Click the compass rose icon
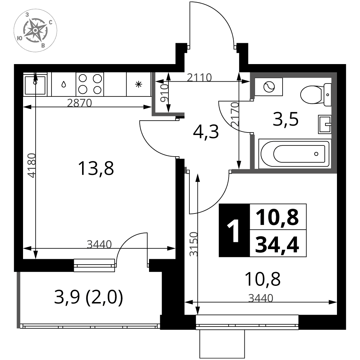pyautogui.click(x=35, y=30)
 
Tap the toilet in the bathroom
pyautogui.click(x=316, y=95)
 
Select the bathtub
pyautogui.click(x=295, y=154)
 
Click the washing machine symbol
pyautogui.click(x=269, y=87)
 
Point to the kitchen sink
pyautogui.click(x=35, y=84)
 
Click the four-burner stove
pyautogui.click(x=90, y=84)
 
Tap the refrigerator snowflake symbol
pyautogui.click(x=139, y=84)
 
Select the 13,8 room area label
pyautogui.click(x=96, y=168)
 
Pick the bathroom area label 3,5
pyautogui.click(x=285, y=119)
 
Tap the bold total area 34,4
pyautogui.click(x=277, y=245)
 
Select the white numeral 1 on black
pyautogui.click(x=234, y=230)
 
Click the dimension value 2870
pyautogui.click(x=80, y=103)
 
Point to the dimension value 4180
pyautogui.click(x=32, y=165)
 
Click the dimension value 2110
pyautogui.click(x=199, y=78)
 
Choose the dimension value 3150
pyautogui.click(x=193, y=244)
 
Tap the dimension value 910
pyautogui.click(x=164, y=93)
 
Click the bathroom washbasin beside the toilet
pyautogui.click(x=325, y=124)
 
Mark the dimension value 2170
pyautogui.click(x=235, y=114)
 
